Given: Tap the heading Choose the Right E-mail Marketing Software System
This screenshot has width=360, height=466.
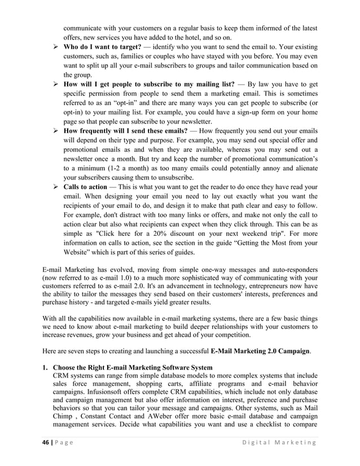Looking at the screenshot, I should (133, 367).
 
